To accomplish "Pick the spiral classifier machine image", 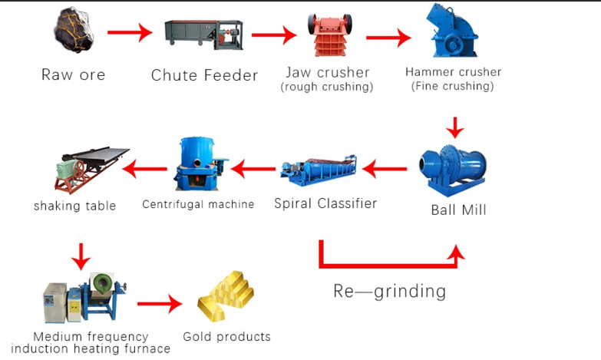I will coord(316,170).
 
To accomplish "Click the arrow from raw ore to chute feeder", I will coord(129,33).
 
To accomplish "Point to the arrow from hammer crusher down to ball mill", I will coord(457,126).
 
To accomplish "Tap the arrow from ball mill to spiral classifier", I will coord(385,164).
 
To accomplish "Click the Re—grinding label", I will coord(388,291).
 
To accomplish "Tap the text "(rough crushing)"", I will coord(327,87).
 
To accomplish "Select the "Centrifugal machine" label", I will coord(198,204).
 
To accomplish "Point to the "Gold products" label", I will coord(226,336).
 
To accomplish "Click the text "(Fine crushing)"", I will coord(453,86).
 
